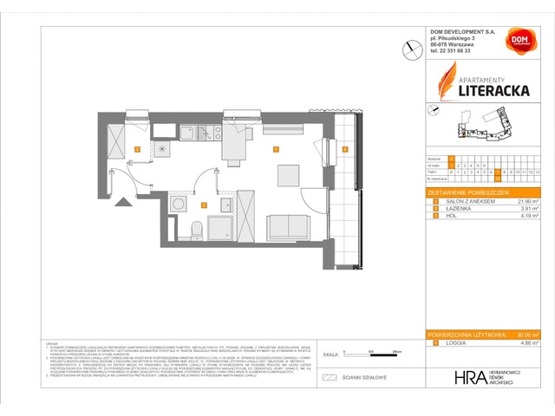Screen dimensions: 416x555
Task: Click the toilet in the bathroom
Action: click(197, 229)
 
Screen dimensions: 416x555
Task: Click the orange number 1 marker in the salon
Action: click(275, 150)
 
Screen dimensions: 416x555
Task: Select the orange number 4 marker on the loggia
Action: click(344, 150)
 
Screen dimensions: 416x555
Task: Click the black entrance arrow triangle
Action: click(122, 200)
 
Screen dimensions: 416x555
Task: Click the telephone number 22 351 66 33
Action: click(459, 51)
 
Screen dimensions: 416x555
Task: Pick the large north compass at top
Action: click(408, 50)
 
